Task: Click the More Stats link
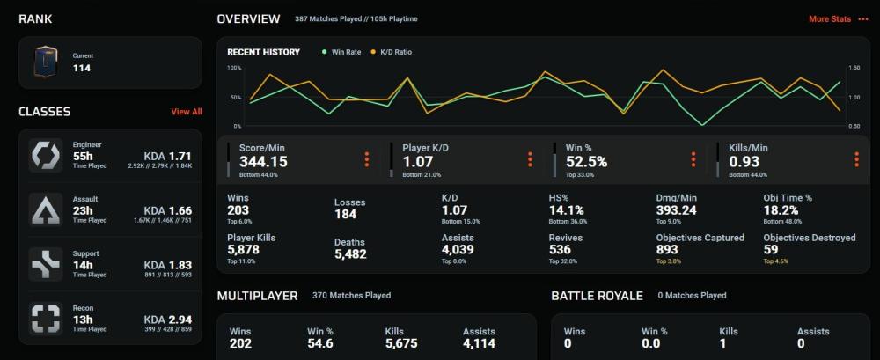(830, 18)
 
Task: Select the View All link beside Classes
(186, 112)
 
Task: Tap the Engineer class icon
(45, 155)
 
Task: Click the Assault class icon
(45, 209)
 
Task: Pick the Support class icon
(45, 264)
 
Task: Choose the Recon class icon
(45, 319)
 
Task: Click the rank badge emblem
(48, 62)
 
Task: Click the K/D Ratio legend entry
(395, 52)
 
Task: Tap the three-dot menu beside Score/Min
(367, 159)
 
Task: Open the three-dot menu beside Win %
(693, 159)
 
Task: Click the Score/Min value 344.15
(263, 162)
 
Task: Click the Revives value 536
(560, 250)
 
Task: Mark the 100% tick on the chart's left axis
(234, 68)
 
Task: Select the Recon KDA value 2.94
(180, 320)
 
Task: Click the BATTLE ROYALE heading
(598, 296)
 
